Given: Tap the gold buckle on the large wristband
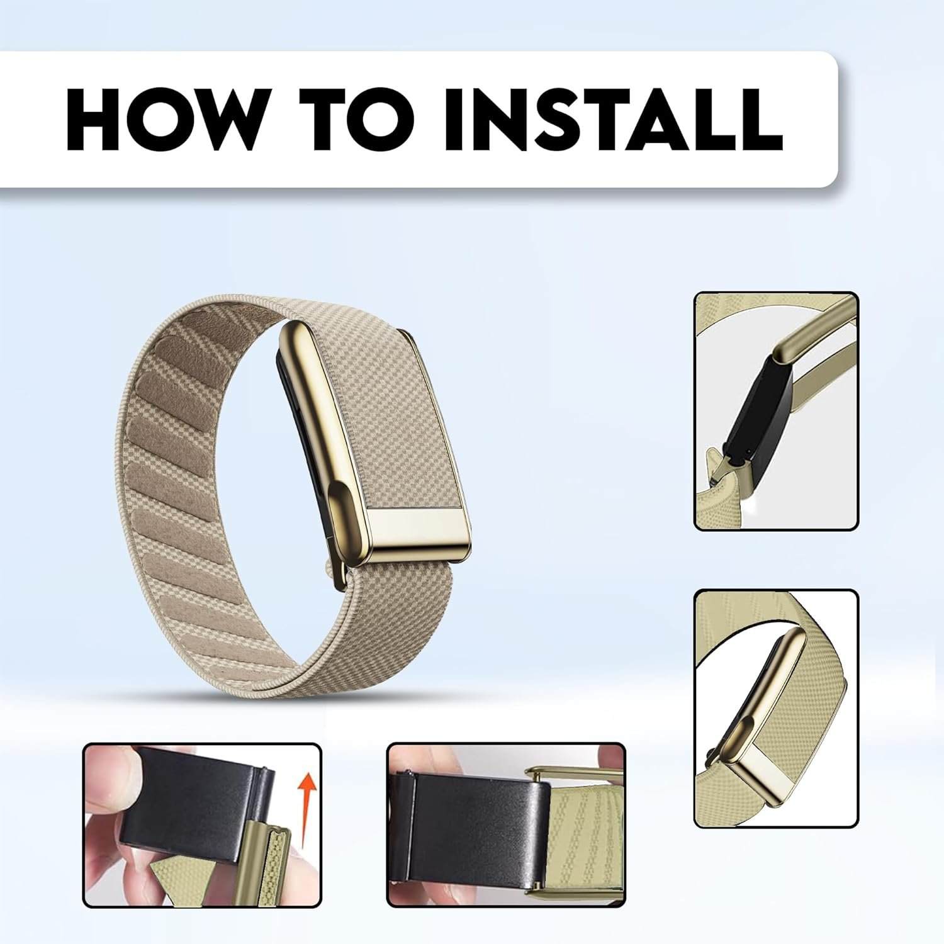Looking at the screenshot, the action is click(376, 441).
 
